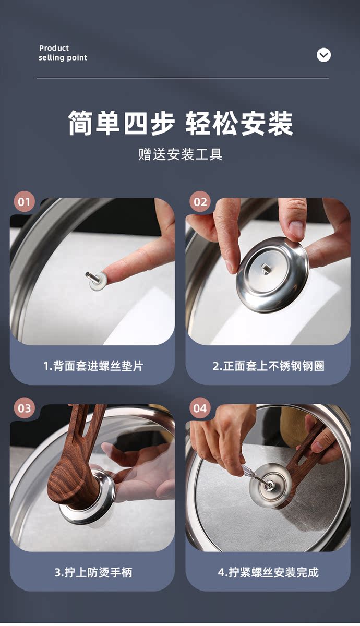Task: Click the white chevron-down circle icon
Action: point(323,55)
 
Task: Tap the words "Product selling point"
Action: point(63,53)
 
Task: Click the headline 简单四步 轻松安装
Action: point(181,123)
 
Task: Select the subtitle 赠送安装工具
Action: point(181,154)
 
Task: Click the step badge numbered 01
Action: point(25,201)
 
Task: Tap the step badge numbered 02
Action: point(200,201)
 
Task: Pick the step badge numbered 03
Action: point(25,408)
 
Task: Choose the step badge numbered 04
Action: point(200,408)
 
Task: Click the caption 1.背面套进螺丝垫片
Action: point(93,366)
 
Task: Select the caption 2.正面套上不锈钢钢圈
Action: point(268,366)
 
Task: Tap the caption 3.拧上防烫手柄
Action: point(93,573)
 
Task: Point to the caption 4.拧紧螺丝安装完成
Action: point(268,573)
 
